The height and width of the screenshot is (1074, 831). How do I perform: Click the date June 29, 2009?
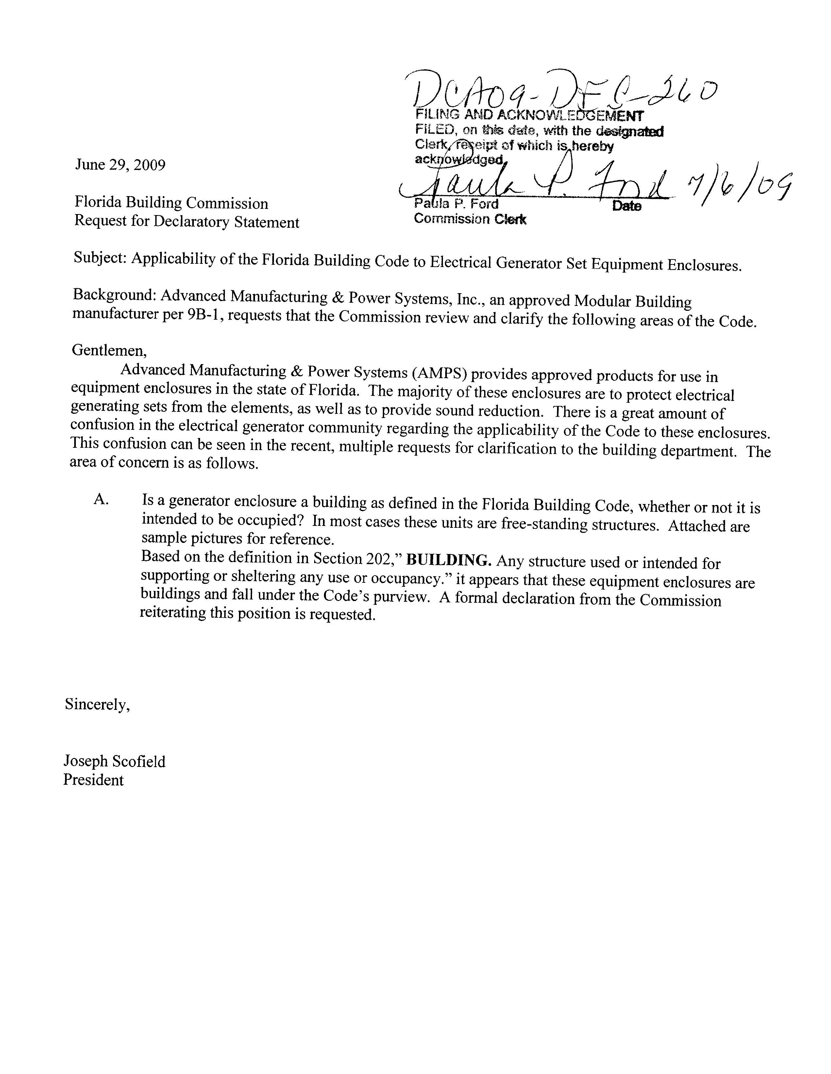(x=120, y=164)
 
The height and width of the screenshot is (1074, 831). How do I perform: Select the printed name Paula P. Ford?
(x=456, y=204)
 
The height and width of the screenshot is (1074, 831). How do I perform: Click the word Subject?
(x=100, y=258)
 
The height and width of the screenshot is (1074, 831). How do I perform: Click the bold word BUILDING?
(x=449, y=561)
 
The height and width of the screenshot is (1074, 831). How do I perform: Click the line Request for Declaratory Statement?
(x=186, y=222)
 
